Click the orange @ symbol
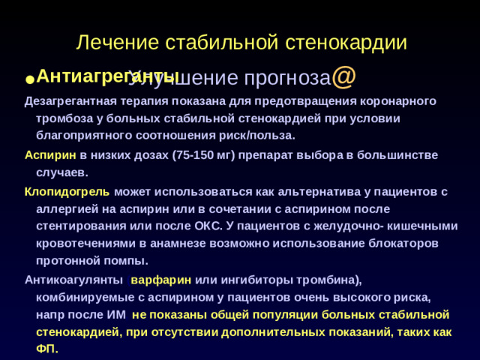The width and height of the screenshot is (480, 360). (x=343, y=76)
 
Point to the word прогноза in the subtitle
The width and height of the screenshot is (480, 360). (x=289, y=78)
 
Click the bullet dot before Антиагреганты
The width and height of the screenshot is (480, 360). (x=28, y=79)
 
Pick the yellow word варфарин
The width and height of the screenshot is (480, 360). (x=161, y=280)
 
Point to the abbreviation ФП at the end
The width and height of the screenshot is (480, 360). (x=46, y=350)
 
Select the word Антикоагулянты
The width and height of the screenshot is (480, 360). (x=73, y=280)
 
